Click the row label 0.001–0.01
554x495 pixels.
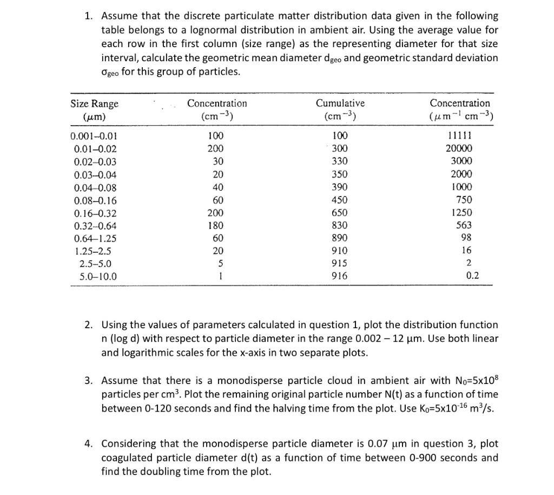(x=94, y=135)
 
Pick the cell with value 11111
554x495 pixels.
(x=460, y=135)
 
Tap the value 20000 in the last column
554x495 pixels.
(x=459, y=148)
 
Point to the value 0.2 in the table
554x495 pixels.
(x=472, y=276)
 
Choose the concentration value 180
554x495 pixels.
(x=215, y=225)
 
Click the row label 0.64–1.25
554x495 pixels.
(x=95, y=238)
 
